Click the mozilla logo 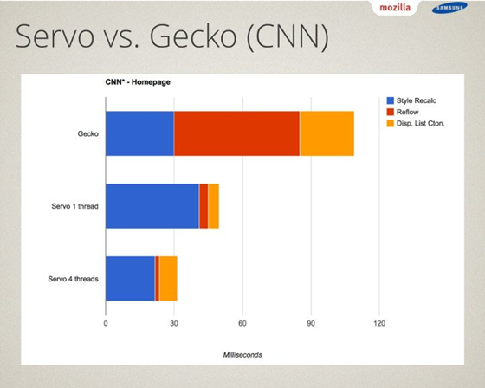pos(395,8)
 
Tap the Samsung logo pos(449,9)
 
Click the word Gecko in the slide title pos(193,36)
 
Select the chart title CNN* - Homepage pos(138,82)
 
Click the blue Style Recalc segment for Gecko pos(139,133)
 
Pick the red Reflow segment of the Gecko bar pos(237,133)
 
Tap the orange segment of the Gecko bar pos(327,133)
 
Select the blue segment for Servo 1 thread pos(152,206)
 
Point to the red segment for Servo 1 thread pos(204,206)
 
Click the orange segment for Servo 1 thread pos(213,206)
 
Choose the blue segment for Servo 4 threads pos(130,279)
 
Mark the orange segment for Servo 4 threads pos(168,279)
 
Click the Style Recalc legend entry pos(411,100)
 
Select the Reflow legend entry pos(403,112)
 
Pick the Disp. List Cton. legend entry pos(416,124)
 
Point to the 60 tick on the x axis pos(242,323)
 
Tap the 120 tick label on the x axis pos(379,323)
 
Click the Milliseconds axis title pos(242,355)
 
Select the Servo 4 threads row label pos(74,279)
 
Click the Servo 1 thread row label pos(74,206)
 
